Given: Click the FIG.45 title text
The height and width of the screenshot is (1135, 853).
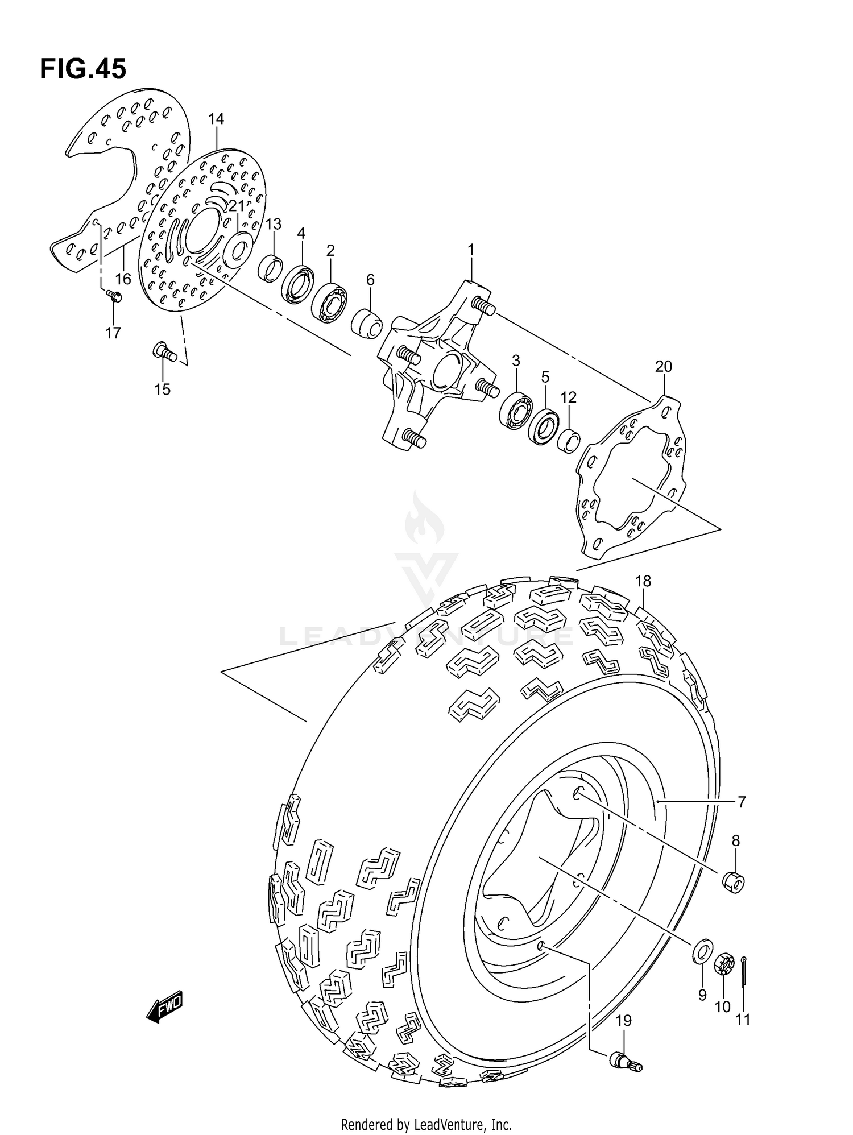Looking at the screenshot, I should tap(83, 69).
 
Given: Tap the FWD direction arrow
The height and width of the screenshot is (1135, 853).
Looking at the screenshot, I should tap(164, 1009).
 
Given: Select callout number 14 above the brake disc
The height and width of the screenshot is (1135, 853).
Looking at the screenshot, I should tap(216, 119).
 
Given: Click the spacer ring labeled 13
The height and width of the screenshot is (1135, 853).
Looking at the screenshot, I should tap(271, 268).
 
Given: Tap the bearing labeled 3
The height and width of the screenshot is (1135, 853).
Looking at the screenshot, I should tap(516, 410).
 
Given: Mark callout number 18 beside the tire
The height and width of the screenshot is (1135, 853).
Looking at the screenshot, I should tap(643, 581).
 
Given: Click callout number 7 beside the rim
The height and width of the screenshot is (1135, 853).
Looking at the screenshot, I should tap(742, 802).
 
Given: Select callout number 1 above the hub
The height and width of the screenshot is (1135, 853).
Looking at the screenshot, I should tap(471, 249).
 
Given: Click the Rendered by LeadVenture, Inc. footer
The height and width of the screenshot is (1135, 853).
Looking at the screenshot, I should tap(426, 1124).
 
